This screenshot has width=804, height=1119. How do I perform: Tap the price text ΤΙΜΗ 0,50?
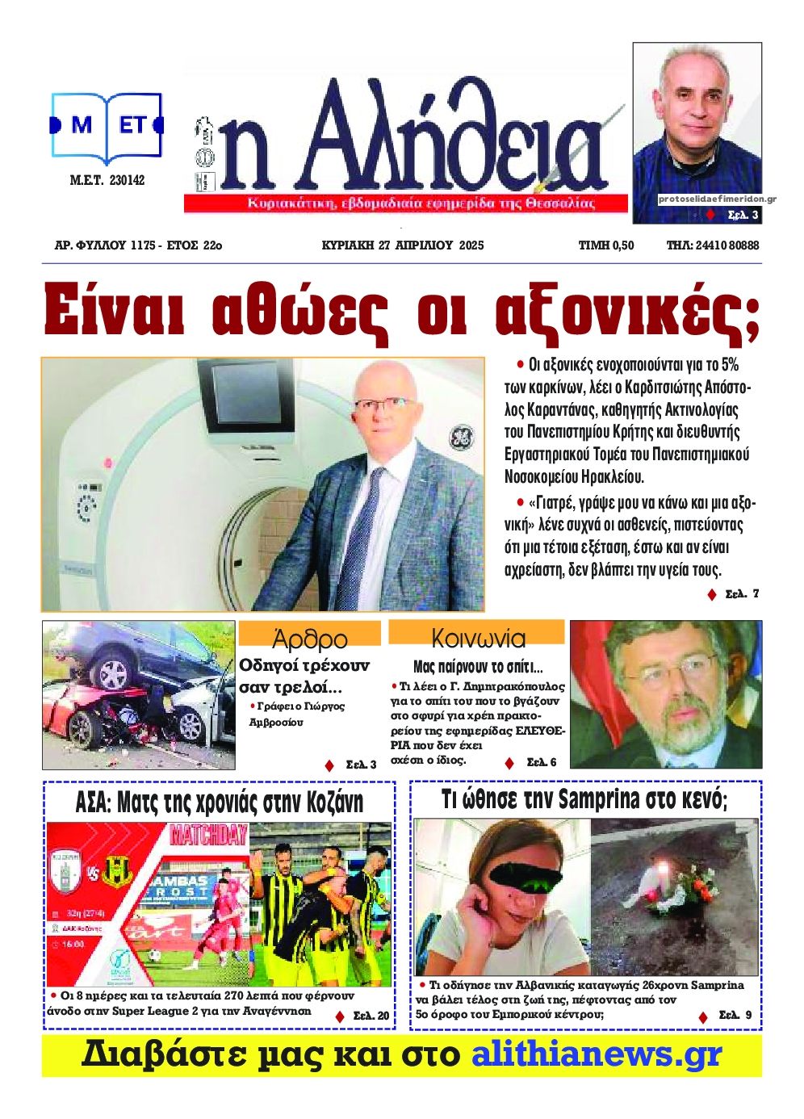pyautogui.click(x=605, y=245)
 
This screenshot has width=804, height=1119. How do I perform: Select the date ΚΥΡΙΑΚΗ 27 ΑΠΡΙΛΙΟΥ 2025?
pyautogui.click(x=402, y=245)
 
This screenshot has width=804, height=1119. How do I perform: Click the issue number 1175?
pyautogui.click(x=142, y=245)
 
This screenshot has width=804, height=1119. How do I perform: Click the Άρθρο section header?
pyautogui.click(x=310, y=639)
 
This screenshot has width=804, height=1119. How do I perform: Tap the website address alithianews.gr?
pyautogui.click(x=596, y=1056)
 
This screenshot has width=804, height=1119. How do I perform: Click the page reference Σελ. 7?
pyautogui.click(x=741, y=594)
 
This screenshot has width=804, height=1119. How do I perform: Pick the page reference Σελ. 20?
pyautogui.click(x=371, y=1016)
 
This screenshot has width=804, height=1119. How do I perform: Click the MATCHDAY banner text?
pyautogui.click(x=208, y=835)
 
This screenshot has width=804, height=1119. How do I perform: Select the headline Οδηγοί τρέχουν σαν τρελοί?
pyautogui.click(x=304, y=677)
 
